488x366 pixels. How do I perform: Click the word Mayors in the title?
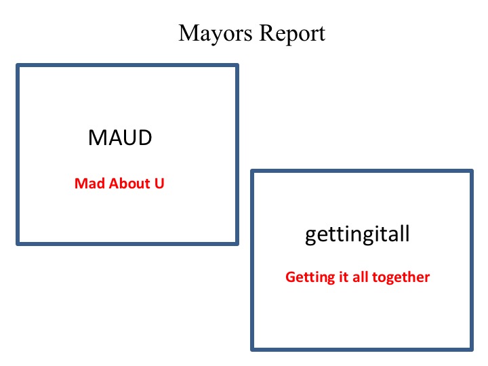point(216,34)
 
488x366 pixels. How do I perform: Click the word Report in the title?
point(292,34)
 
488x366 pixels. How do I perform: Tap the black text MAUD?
point(120,138)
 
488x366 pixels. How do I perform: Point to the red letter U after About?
point(159,183)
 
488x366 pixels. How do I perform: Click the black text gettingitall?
point(357,235)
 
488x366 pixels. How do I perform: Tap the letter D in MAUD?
point(145,138)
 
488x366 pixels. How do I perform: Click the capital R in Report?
point(267,33)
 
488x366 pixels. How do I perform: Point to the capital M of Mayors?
point(190,33)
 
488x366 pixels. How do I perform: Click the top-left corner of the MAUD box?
point(18,65)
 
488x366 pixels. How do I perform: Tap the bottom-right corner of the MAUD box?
point(237,244)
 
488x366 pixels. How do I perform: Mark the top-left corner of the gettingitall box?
point(252,171)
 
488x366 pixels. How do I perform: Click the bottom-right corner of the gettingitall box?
point(472,350)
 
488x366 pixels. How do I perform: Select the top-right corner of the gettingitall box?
point(472,171)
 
